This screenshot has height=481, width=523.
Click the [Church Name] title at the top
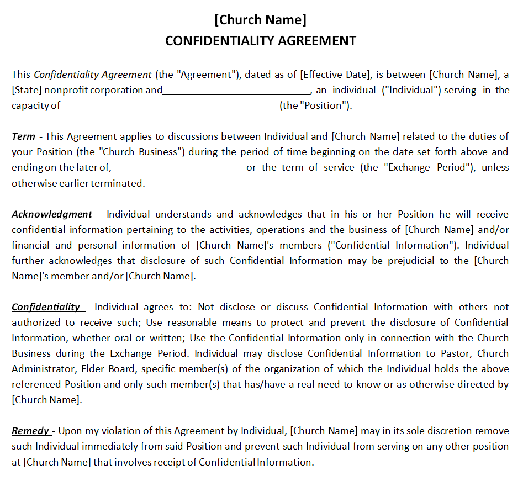pyautogui.click(x=260, y=20)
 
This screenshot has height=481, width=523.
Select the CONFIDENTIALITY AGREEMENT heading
pyautogui.click(x=261, y=41)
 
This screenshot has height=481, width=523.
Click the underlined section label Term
pyautogui.click(x=24, y=136)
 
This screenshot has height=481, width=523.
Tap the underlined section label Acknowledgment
pyautogui.click(x=52, y=214)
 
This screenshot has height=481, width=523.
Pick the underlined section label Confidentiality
pyautogui.click(x=46, y=307)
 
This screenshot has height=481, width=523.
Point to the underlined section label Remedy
pyautogui.click(x=30, y=431)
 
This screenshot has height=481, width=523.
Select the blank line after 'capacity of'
pyautogui.click(x=170, y=106)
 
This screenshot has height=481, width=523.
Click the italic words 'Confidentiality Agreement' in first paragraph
pyautogui.click(x=93, y=75)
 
